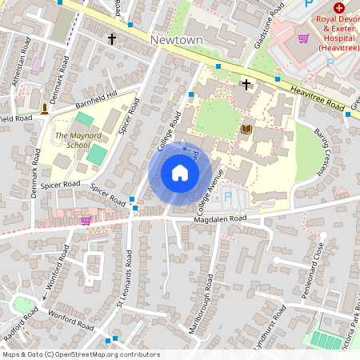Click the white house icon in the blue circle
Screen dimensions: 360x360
pos(180,173)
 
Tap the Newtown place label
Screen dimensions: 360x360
pos(176,39)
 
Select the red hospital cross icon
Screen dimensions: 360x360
pos(339,7)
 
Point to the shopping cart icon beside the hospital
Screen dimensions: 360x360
pos(303,38)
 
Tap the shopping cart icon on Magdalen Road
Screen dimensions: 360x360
pos(86,220)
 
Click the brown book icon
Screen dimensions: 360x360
pos(246,129)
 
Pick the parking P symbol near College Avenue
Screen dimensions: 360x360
pos(227,196)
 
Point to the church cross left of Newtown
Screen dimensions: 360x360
pos(112,38)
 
